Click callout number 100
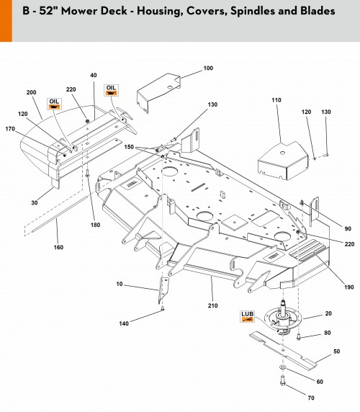[x=208, y=68]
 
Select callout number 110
[x=276, y=100]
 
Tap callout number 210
[x=212, y=305]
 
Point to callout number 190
[x=349, y=287]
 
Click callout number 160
[x=58, y=247]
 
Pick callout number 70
[x=311, y=398]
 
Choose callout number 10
[x=120, y=284]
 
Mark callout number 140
[x=124, y=323]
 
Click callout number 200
[x=31, y=92]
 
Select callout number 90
[x=348, y=229]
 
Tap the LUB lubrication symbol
[x=248, y=316]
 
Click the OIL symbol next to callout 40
[x=111, y=90]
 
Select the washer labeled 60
[x=282, y=367]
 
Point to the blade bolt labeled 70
[x=282, y=380]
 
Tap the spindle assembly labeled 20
[x=282, y=318]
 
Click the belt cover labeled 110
[x=283, y=161]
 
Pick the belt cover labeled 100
[x=158, y=92]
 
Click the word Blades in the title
[x=318, y=11]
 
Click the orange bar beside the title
[x=6, y=21]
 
